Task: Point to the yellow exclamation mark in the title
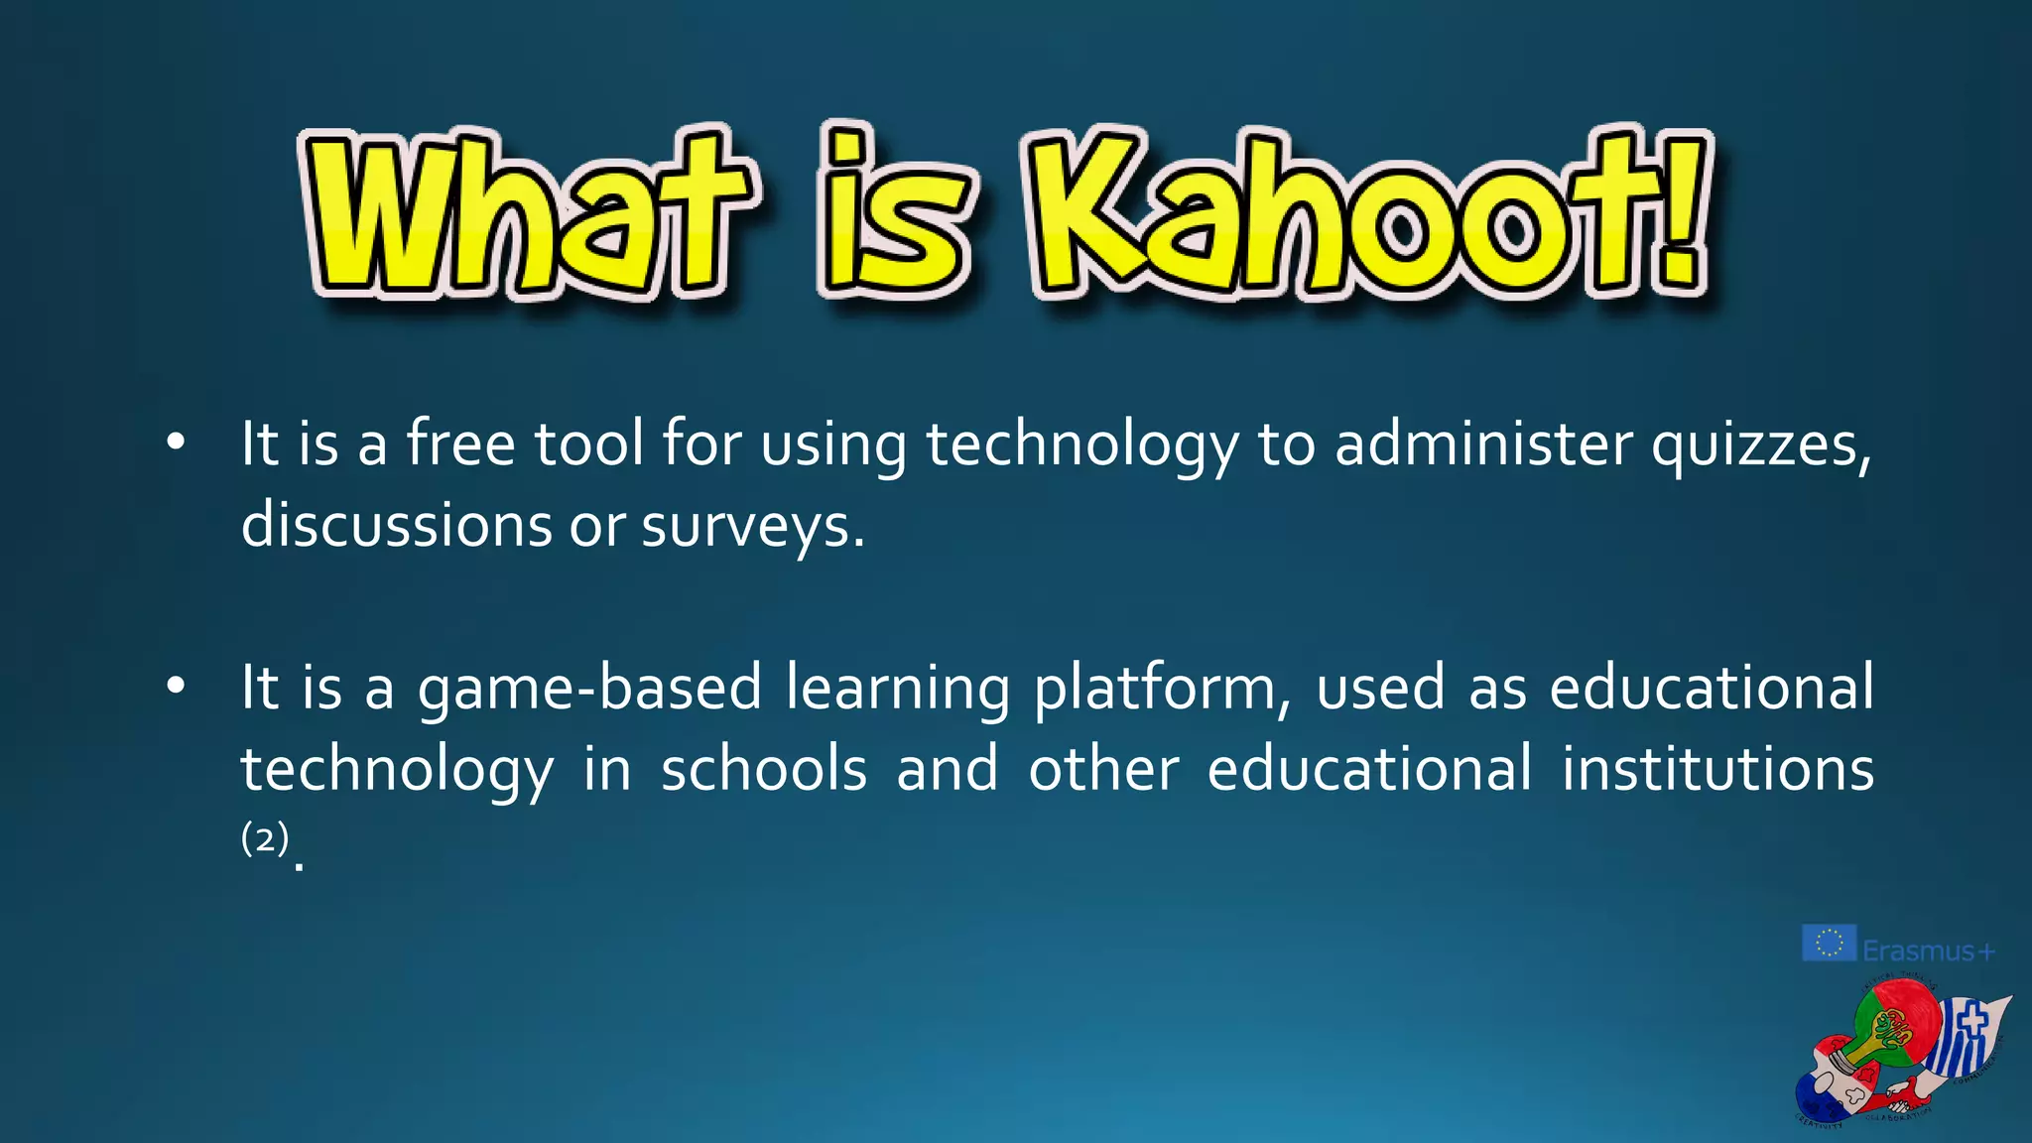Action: tap(1684, 213)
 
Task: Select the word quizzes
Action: tap(1761, 444)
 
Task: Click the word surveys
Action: tap(752, 526)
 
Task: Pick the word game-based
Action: tap(589, 688)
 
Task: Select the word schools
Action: tap(764, 769)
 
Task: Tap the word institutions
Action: tap(1717, 769)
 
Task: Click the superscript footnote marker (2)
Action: tap(265, 838)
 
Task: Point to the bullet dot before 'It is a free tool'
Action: tap(176, 443)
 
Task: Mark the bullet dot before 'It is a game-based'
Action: tap(176, 686)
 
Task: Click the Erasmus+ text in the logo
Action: tap(1928, 951)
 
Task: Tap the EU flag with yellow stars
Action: tap(1828, 943)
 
